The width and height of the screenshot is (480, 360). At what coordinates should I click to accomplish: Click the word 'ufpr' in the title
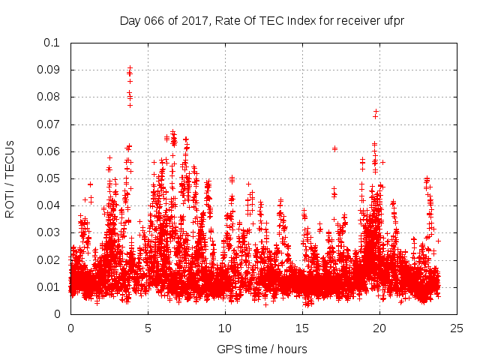(391, 20)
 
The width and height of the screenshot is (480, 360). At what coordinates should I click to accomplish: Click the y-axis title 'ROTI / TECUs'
(10, 178)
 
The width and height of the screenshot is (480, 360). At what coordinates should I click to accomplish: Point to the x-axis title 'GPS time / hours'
(262, 349)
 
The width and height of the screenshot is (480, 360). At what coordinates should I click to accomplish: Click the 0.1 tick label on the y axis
(52, 43)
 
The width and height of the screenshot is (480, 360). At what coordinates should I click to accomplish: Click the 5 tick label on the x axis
(148, 328)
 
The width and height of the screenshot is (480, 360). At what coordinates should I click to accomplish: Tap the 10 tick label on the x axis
(225, 328)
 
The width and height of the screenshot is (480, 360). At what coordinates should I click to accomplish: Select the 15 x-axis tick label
(303, 328)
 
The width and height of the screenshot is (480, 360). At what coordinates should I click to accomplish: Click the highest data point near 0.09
(130, 67)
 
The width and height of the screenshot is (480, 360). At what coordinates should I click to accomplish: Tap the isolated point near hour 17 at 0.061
(334, 148)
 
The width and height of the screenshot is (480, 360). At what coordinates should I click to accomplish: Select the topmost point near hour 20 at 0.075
(376, 111)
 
